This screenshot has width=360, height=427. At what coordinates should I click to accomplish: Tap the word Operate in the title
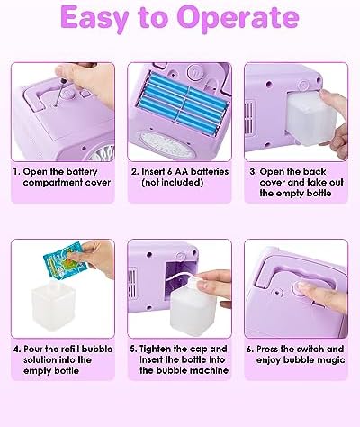coord(238,18)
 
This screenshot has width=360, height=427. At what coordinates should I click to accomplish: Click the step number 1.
coord(16,172)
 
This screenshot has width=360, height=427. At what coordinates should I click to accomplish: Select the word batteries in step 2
coord(210,172)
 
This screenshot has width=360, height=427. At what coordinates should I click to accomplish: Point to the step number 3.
coord(253,172)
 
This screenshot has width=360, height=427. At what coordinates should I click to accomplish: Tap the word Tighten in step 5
coord(155,350)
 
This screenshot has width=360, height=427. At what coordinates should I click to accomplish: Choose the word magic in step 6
coord(333,360)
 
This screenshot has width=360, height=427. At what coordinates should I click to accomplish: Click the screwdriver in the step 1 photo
coord(60,93)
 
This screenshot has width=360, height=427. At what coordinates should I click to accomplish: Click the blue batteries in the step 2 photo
coord(182,101)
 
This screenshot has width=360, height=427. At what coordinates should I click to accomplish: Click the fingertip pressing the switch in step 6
coord(303,288)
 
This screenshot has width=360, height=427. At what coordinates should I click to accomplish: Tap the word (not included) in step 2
coord(172,183)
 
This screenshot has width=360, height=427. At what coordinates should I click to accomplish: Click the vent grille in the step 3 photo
coord(249,118)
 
